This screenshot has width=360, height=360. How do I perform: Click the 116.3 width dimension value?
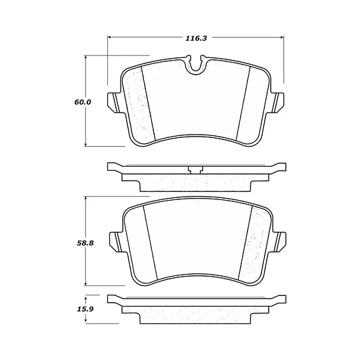[196, 38]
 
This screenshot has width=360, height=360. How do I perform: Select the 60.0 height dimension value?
[83, 102]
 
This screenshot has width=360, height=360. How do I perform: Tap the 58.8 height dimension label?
[85, 243]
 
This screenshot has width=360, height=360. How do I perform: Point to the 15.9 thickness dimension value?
[85, 309]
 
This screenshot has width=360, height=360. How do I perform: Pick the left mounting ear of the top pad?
[114, 103]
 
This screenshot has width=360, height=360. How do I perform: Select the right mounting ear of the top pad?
[277, 103]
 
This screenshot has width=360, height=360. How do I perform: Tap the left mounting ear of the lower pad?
[116, 242]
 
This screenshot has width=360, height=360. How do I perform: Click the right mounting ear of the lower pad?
[279, 242]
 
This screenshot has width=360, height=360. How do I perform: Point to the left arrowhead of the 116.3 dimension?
[109, 37]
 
